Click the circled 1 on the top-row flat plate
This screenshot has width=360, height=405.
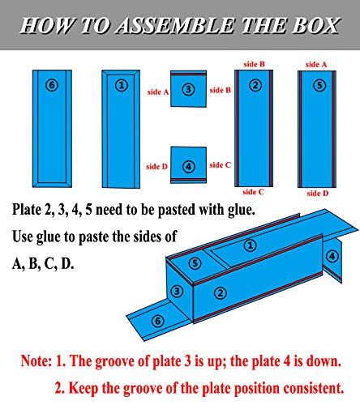(122, 84)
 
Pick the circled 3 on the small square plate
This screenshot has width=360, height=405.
(188, 89)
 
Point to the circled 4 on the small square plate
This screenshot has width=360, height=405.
(188, 166)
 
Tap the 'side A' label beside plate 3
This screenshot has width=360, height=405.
(158, 93)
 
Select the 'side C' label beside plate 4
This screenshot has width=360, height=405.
(220, 164)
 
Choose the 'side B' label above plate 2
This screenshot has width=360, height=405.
(255, 62)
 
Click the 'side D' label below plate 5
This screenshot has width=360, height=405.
(316, 194)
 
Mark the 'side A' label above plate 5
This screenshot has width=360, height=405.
(316, 63)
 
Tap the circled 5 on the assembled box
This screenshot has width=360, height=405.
(195, 263)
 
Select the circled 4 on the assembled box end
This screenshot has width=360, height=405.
(332, 256)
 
